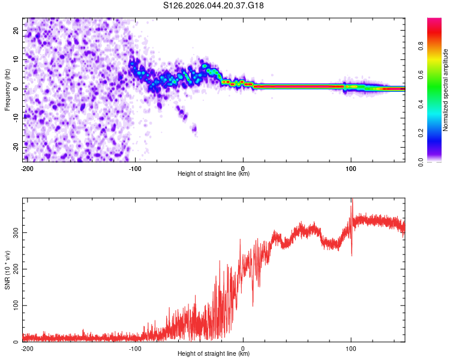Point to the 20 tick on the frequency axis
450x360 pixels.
tap(16, 30)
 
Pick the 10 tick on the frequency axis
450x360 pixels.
tap(16, 59)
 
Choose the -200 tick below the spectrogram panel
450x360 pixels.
tap(26, 168)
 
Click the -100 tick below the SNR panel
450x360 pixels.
tap(135, 349)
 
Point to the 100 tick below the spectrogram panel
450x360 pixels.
tap(350, 168)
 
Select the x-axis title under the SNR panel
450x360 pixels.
tap(214, 354)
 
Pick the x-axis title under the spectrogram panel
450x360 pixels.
tap(214, 173)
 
